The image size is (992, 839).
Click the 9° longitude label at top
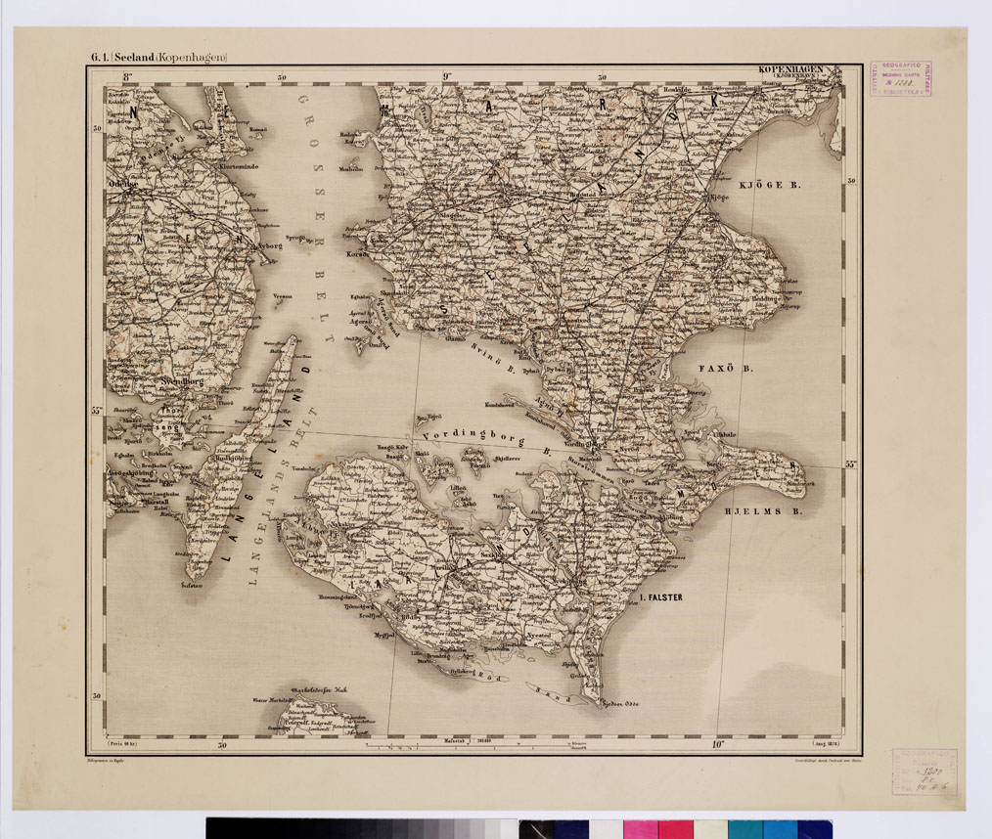446,77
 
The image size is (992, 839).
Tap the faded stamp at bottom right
923,772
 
